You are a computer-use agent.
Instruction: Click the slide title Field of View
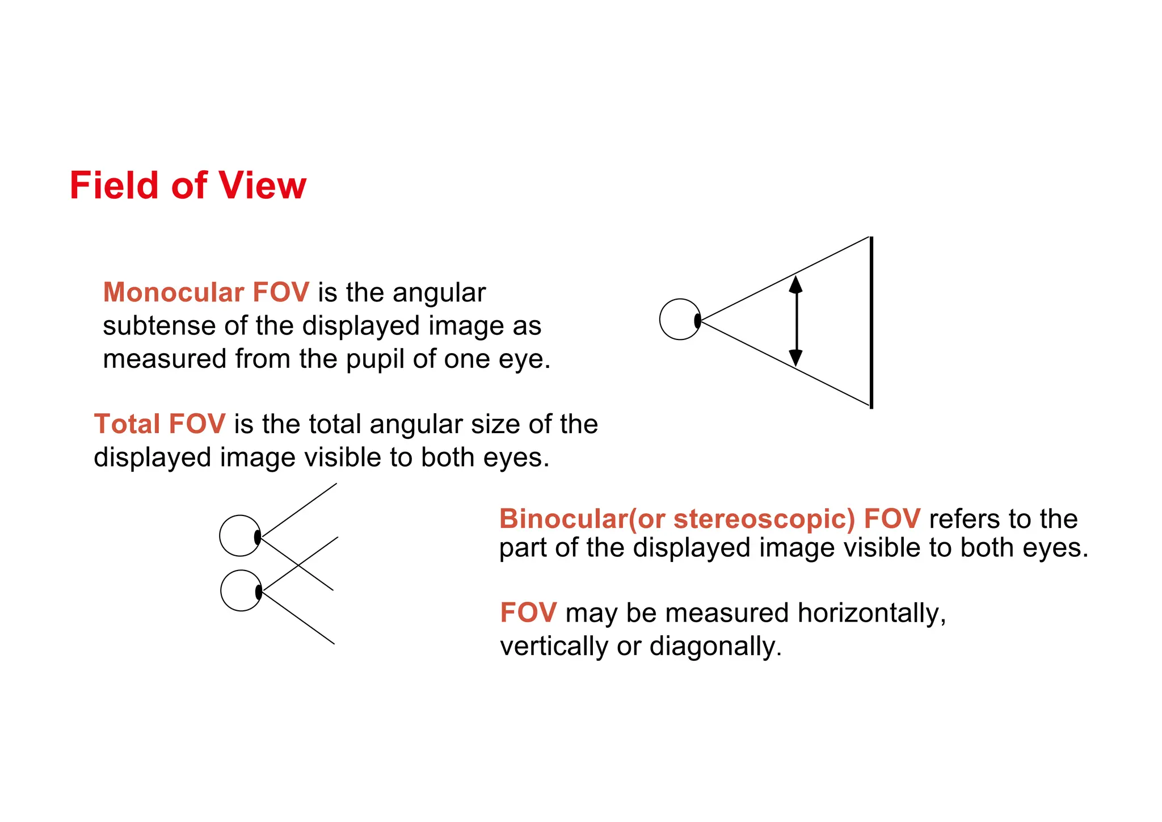click(188, 186)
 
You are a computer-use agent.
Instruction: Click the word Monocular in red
click(174, 293)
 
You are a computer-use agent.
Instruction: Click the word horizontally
click(871, 613)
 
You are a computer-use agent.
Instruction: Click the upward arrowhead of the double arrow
click(796, 284)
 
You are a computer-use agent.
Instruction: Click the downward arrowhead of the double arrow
click(796, 358)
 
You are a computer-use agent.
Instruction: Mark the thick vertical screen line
click(871, 322)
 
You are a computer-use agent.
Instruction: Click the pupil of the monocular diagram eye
click(697, 321)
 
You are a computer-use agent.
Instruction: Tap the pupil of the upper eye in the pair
click(258, 536)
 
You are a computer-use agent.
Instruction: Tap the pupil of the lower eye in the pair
click(259, 592)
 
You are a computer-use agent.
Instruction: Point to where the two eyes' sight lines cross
click(299, 565)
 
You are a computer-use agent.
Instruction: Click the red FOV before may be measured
click(528, 613)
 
